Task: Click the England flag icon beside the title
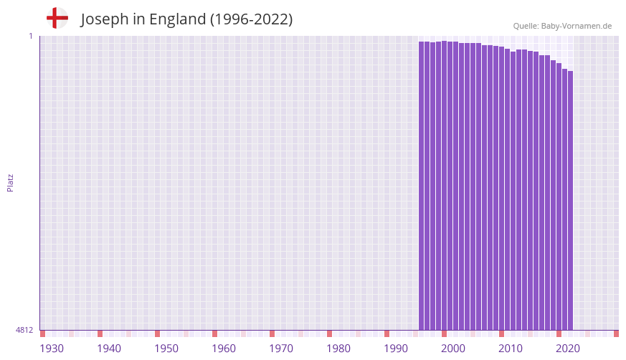(x=57, y=18)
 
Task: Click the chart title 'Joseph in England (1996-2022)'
(x=186, y=19)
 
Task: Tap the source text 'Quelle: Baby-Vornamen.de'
(x=562, y=26)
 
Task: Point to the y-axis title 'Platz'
(x=10, y=182)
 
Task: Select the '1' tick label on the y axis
(x=31, y=36)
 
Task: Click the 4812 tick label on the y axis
(x=24, y=330)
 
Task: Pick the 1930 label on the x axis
(x=52, y=349)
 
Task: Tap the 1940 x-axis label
(x=109, y=349)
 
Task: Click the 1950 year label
(x=166, y=349)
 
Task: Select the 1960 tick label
(x=224, y=349)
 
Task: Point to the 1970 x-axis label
(x=281, y=349)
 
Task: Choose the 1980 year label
(x=338, y=349)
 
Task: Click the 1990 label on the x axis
(x=396, y=349)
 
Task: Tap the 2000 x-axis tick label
(x=453, y=349)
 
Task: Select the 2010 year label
(x=511, y=349)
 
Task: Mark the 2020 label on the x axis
(x=568, y=349)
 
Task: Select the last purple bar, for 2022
(x=570, y=201)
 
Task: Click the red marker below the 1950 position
(x=157, y=333)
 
